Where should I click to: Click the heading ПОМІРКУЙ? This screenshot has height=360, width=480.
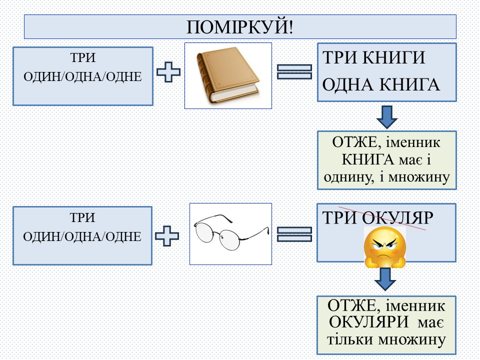pyautogui.click(x=240, y=27)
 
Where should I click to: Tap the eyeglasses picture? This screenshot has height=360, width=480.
pyautogui.click(x=231, y=233)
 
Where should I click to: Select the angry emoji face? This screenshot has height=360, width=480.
pyautogui.click(x=385, y=245)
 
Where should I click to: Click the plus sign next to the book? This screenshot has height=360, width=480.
pyautogui.click(x=169, y=73)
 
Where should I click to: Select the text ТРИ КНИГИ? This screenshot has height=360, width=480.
pyautogui.click(x=374, y=58)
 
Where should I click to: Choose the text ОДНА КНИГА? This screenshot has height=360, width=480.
pyautogui.click(x=381, y=85)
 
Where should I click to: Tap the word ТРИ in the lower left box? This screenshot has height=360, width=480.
pyautogui.click(x=83, y=218)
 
